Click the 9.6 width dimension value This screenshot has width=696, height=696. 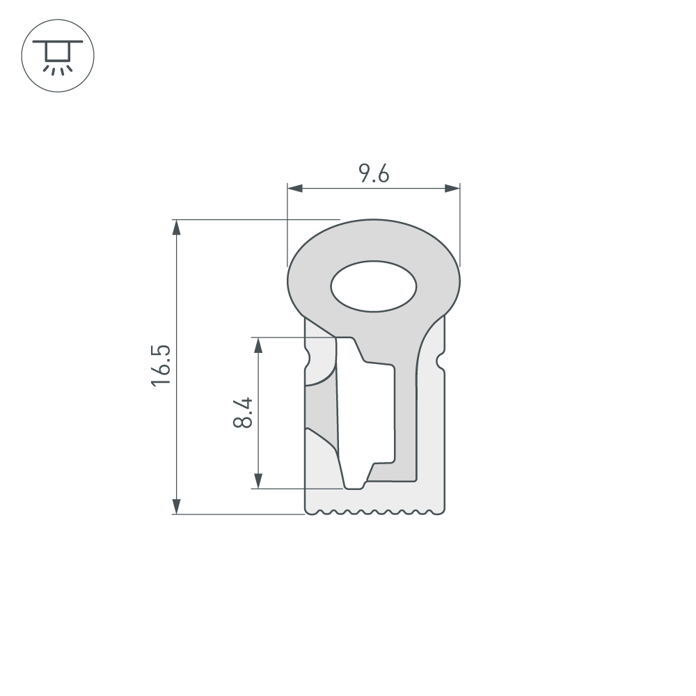click(x=374, y=173)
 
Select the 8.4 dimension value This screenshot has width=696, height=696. click(x=243, y=413)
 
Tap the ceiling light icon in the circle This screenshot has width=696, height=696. click(x=58, y=55)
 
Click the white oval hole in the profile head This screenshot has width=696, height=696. click(x=374, y=287)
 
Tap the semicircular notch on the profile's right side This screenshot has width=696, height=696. click(x=440, y=361)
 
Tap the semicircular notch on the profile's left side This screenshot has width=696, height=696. click(x=308, y=361)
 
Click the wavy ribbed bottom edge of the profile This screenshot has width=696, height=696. click(x=374, y=513)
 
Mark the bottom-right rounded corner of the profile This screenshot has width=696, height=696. click(x=441, y=511)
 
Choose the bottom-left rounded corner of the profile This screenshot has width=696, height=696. click(x=308, y=511)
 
